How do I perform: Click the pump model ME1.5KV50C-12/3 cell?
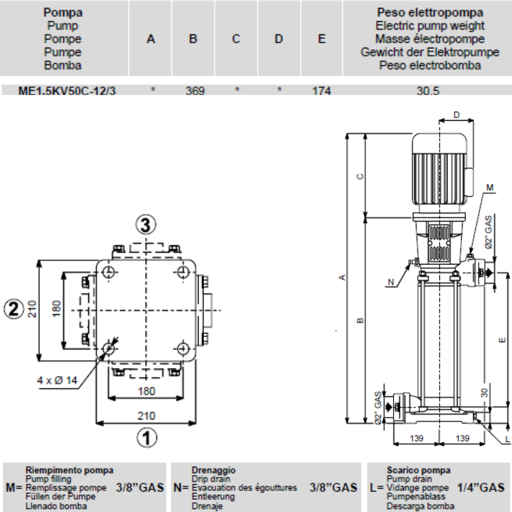[67, 91]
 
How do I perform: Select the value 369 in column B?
[195, 91]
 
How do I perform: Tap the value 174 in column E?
[321, 91]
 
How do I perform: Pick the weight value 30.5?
[429, 91]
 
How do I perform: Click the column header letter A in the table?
[151, 39]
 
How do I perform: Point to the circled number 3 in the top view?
[146, 225]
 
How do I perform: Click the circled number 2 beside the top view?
[14, 308]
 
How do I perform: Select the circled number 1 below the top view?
[146, 437]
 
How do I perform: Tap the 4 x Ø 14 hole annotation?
[58, 380]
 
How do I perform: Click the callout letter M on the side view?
[490, 187]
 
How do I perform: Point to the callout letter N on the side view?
[391, 282]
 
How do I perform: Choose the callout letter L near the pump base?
[507, 439]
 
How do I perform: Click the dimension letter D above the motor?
[456, 115]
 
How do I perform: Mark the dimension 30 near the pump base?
[485, 393]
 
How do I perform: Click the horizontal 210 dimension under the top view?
[146, 416]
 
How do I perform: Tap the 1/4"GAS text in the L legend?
[480, 487]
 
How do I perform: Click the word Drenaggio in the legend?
[213, 470]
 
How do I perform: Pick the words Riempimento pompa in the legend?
[69, 470]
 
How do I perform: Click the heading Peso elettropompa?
[430, 12]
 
